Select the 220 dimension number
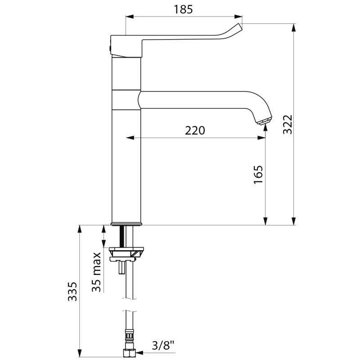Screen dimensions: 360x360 click(x=195, y=130)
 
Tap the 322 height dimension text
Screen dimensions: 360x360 click(x=288, y=124)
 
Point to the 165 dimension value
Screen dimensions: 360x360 click(x=258, y=175)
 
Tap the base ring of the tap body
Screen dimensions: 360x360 click(x=126, y=223)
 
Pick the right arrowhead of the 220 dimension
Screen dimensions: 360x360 click(x=261, y=138)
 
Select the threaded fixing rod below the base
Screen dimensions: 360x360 click(x=121, y=236)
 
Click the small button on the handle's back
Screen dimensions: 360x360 click(x=109, y=46)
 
